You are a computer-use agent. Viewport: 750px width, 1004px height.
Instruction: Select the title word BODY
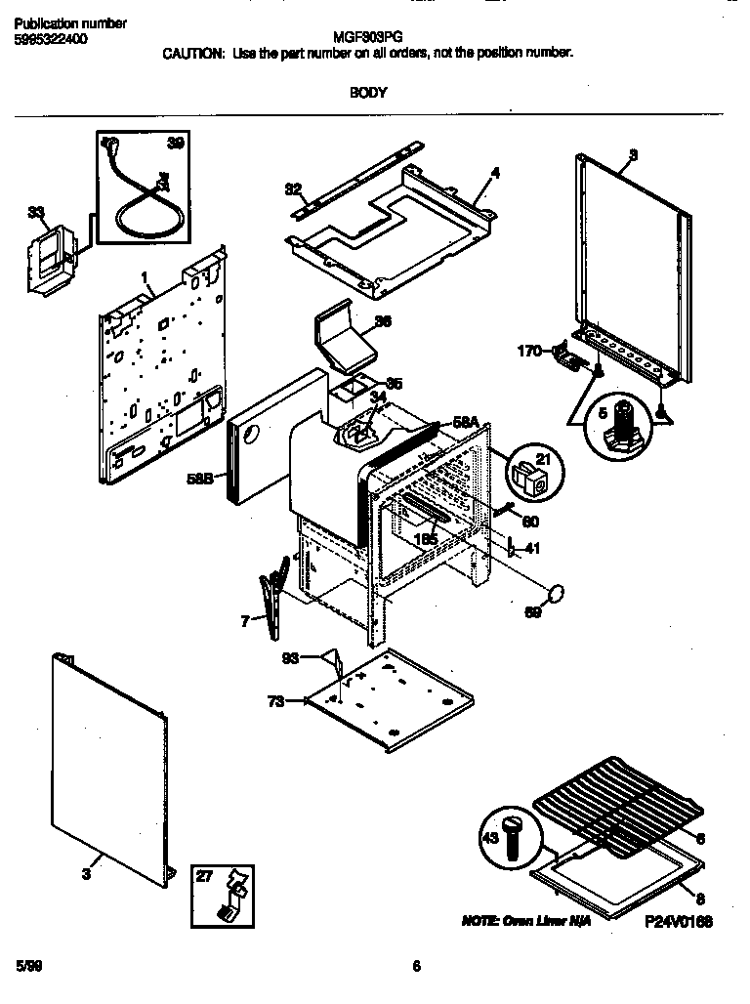[x=368, y=93]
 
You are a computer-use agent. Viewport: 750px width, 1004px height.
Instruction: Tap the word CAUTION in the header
[x=193, y=53]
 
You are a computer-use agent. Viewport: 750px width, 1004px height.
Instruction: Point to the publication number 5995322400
[x=57, y=39]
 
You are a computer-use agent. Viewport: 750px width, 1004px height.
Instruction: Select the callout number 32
[x=293, y=188]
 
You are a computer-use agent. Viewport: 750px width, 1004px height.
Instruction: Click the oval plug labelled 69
[x=557, y=593]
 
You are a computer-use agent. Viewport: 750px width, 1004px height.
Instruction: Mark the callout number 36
[x=384, y=321]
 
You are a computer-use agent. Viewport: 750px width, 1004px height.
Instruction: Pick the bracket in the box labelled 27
[x=229, y=897]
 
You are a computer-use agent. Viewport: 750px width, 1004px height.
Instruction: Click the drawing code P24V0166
[x=678, y=921]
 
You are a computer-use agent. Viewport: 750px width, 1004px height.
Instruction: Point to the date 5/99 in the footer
[x=28, y=967]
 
